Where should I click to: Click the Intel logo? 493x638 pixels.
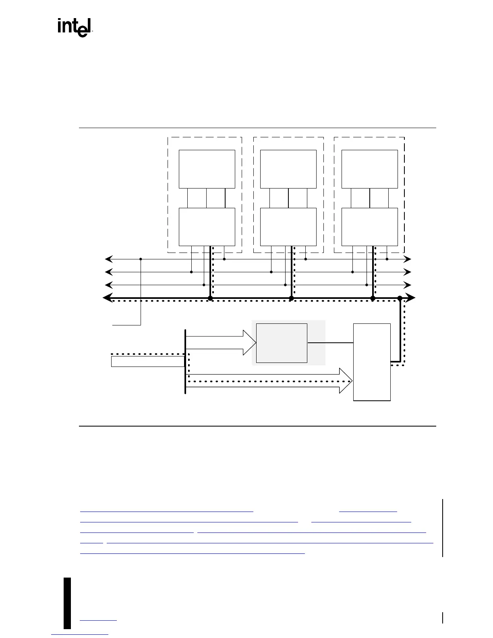point(75,27)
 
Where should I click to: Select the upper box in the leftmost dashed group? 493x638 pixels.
point(207,169)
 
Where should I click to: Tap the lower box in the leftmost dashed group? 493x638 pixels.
point(207,227)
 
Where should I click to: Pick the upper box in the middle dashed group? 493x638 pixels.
point(288,169)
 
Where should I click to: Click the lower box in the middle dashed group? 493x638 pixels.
point(288,227)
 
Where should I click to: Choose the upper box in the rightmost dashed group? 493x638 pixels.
point(369,169)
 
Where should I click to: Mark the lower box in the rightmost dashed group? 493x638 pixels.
point(369,227)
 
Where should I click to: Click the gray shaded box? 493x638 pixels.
point(282,343)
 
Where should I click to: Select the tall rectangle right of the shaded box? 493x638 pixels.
point(372,362)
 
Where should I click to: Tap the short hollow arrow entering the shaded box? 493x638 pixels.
point(221,342)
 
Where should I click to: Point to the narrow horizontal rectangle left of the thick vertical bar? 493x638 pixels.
point(147,361)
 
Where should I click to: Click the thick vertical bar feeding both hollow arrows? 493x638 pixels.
point(185,361)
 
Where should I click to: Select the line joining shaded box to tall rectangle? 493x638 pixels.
point(330,342)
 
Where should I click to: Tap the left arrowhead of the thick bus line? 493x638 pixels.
point(107,298)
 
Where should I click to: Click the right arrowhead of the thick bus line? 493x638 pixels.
point(411,298)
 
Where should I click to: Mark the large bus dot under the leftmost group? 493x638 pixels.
point(210,298)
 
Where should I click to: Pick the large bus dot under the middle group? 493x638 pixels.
point(292,298)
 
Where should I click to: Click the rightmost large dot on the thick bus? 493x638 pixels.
point(400,298)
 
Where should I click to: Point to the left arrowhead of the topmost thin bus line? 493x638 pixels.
point(108,259)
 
